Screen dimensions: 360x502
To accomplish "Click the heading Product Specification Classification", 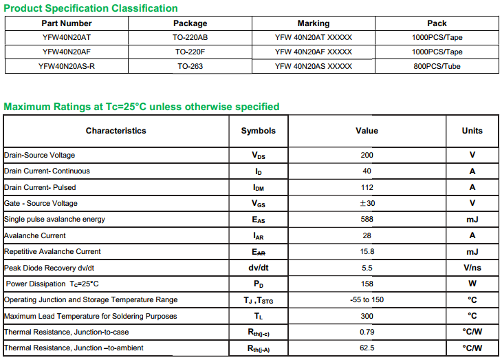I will pyautogui.click(x=91, y=8).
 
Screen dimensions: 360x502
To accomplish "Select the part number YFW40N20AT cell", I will pyautogui.click(x=66, y=37).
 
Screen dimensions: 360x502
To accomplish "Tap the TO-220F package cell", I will pyautogui.click(x=190, y=52).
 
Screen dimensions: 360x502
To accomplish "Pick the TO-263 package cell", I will pyautogui.click(x=190, y=66).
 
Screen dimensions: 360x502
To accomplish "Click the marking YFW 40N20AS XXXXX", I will pyautogui.click(x=313, y=66).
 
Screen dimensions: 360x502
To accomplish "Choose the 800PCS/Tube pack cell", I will pyautogui.click(x=437, y=66).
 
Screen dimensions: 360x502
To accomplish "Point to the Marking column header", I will pyautogui.click(x=313, y=23).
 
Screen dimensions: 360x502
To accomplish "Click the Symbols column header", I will pyautogui.click(x=258, y=131).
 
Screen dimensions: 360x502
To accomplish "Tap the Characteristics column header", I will pyautogui.click(x=116, y=131).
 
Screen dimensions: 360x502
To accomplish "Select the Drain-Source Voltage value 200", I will pyautogui.click(x=367, y=155).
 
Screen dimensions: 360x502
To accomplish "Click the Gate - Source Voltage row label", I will pyautogui.click(x=41, y=203).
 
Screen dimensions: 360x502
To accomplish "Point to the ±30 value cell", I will pyautogui.click(x=367, y=203).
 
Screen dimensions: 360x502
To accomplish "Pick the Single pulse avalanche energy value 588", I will pyautogui.click(x=367, y=220).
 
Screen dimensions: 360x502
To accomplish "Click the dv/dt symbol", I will pyautogui.click(x=258, y=268).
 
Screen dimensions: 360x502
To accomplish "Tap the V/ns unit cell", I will pyautogui.click(x=472, y=268).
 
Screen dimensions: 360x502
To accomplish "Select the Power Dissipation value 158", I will pyautogui.click(x=367, y=284).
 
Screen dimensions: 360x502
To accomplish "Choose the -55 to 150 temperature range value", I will pyautogui.click(x=367, y=300).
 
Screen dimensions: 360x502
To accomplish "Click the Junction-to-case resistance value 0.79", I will pyautogui.click(x=367, y=332).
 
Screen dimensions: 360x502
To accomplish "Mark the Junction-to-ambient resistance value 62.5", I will pyautogui.click(x=367, y=348).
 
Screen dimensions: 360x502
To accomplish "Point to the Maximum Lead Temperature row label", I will pyautogui.click(x=90, y=316).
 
